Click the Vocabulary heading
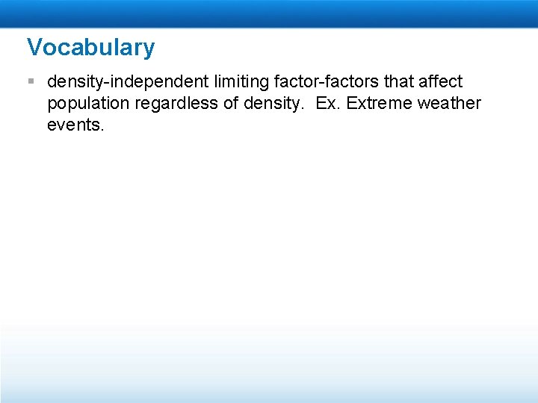90,48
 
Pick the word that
398,81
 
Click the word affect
441,81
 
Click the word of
232,103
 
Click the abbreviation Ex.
327,103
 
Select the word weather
449,103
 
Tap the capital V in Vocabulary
35,48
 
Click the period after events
102,129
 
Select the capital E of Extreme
351,103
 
